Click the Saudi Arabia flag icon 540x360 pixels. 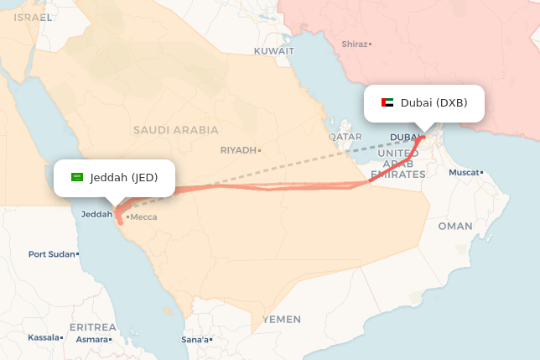78,177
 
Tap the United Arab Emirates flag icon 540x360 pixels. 387,103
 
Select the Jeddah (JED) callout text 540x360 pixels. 123,177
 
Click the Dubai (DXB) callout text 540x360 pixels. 434,103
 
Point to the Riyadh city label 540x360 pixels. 238,150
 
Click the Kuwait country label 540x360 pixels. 274,50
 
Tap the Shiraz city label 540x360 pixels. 356,44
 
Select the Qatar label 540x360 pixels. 345,136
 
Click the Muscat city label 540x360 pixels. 465,172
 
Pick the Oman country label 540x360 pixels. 455,226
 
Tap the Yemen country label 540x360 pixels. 281,320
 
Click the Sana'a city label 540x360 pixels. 195,340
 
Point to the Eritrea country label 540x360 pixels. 92,326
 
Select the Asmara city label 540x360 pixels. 92,340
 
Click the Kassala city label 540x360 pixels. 44,337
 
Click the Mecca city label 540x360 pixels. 143,217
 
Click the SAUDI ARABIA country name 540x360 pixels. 175,130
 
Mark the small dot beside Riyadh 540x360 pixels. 260,150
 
